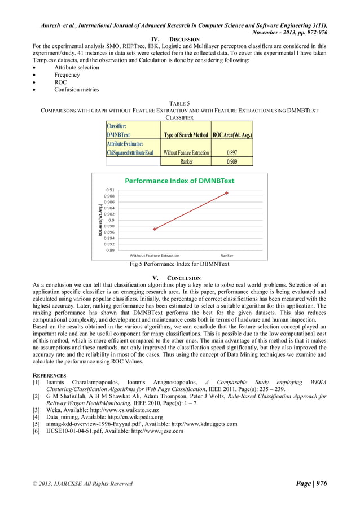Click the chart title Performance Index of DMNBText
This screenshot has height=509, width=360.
[179, 181]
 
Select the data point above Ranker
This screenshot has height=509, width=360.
[227, 193]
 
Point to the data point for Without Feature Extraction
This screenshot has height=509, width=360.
[155, 229]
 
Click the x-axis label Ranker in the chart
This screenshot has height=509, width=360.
[227, 256]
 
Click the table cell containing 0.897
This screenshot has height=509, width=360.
[231, 152]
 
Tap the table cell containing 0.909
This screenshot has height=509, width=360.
[231, 161]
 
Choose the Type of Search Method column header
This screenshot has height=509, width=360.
[186, 135]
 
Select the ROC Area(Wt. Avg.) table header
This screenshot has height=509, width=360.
[232, 135]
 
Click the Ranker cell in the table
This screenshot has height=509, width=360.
[186, 161]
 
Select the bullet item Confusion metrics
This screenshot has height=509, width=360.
[76, 89]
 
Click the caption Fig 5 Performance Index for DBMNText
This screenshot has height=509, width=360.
[179, 264]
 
